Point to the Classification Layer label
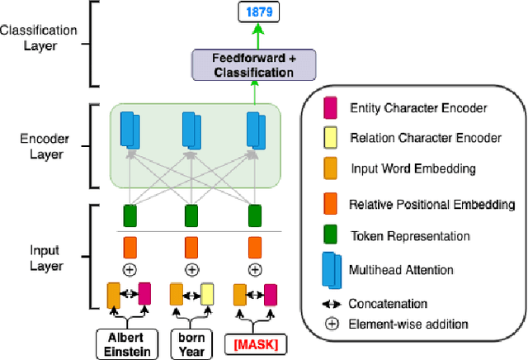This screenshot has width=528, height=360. (39, 38)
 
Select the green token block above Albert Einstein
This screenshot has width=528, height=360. (129, 216)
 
